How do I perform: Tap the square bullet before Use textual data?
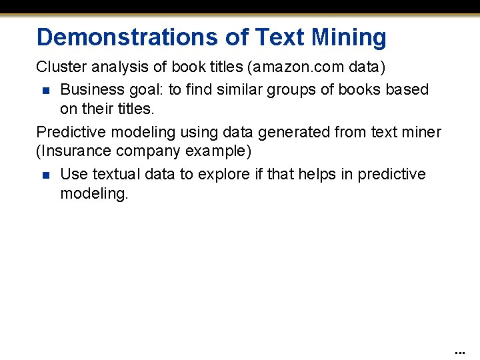point(45,175)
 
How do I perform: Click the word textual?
point(117,174)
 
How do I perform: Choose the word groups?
point(290,89)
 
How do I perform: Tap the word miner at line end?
point(422,132)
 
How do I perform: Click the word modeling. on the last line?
point(93,193)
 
